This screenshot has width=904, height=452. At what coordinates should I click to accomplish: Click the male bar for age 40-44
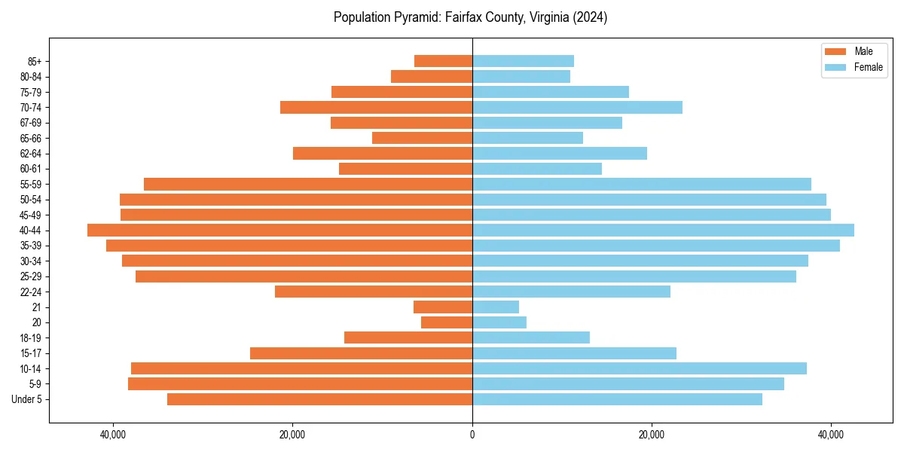pos(279,231)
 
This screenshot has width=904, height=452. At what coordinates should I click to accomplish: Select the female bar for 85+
pos(523,61)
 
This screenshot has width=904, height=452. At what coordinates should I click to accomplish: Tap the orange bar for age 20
pos(447,322)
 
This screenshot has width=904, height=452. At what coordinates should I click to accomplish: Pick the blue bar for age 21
pos(496,307)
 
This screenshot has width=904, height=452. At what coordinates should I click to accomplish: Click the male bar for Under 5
pos(319,399)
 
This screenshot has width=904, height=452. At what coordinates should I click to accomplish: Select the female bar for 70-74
pos(577,108)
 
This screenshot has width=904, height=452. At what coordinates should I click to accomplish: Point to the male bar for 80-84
pos(432,77)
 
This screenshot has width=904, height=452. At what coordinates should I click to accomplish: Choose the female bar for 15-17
pos(574,353)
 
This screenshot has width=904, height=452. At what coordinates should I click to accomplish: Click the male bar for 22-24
pos(374,292)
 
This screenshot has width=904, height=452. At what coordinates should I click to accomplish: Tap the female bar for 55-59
pos(642,185)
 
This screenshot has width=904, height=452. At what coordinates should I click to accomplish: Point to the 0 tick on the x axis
pos(472,435)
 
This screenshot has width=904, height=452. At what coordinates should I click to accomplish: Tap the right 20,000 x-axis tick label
pos(652,435)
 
